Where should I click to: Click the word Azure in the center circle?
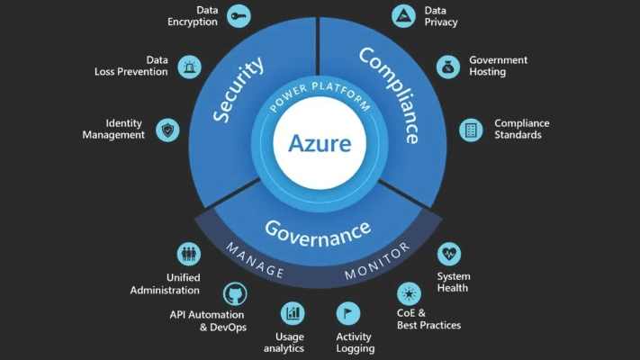pyautogui.click(x=319, y=142)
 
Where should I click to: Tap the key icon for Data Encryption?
pyautogui.click(x=239, y=15)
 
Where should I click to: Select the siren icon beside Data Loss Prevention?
pyautogui.click(x=190, y=66)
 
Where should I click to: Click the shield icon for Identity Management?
pyautogui.click(x=167, y=130)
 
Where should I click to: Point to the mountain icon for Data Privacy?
pyautogui.click(x=403, y=15)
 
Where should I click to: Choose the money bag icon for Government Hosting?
pyautogui.click(x=447, y=66)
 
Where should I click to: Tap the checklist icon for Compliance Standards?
pyautogui.click(x=471, y=130)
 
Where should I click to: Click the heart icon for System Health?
pyautogui.click(x=449, y=254)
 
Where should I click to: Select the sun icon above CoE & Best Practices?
pyautogui.click(x=410, y=294)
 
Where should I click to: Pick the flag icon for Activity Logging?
pyautogui.click(x=348, y=313)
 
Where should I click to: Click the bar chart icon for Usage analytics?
pyautogui.click(x=293, y=313)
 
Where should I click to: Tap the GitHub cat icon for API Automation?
pyautogui.click(x=235, y=294)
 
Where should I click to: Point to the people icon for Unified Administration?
pyautogui.click(x=189, y=254)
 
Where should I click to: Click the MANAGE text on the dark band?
pyautogui.click(x=255, y=260)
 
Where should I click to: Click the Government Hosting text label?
pyautogui.click(x=498, y=66)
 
